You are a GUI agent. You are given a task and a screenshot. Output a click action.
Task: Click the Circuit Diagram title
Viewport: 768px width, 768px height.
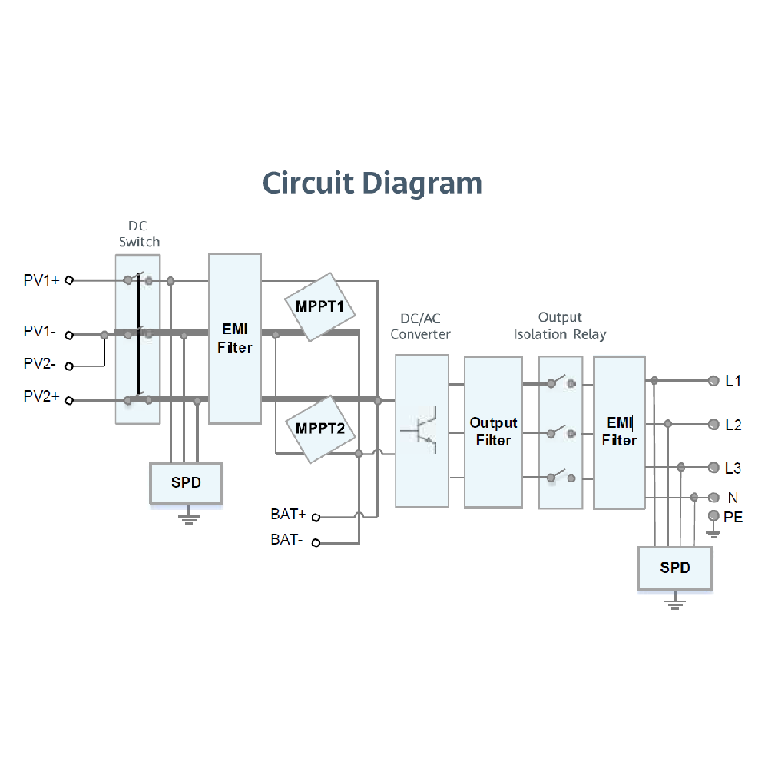372,184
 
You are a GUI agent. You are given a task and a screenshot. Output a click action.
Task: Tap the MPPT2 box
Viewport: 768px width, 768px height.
320,429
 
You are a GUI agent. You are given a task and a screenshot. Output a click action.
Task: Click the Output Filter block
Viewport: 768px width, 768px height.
493,432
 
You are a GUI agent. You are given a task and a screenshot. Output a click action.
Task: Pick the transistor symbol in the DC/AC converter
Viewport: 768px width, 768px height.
421,430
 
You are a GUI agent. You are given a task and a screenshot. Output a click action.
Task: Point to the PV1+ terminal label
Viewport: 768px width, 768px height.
41,280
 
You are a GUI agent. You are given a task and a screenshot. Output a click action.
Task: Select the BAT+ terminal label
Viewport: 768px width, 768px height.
288,514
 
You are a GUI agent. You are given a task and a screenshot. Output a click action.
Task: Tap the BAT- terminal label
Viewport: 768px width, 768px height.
286,540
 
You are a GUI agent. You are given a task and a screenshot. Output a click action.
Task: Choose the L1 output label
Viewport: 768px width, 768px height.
733,381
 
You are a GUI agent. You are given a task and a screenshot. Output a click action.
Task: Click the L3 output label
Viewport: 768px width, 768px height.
733,468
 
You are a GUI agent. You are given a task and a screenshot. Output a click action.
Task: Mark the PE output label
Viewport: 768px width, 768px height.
733,518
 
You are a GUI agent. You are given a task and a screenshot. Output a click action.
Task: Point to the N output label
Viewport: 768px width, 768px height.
733,498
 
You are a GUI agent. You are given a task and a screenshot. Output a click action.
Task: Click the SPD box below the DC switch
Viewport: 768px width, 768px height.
186,483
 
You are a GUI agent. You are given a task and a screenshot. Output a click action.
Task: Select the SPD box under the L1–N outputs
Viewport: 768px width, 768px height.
675,568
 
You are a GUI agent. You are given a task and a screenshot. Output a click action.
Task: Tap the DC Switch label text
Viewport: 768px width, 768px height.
139,234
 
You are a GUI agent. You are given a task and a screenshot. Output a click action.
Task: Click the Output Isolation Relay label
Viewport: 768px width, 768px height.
560,326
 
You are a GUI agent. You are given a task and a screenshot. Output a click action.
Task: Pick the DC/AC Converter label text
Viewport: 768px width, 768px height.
420,326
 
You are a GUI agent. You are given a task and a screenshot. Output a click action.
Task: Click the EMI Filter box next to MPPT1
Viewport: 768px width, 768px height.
234,338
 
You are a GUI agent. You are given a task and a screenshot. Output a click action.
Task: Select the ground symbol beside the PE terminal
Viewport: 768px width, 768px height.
714,532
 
